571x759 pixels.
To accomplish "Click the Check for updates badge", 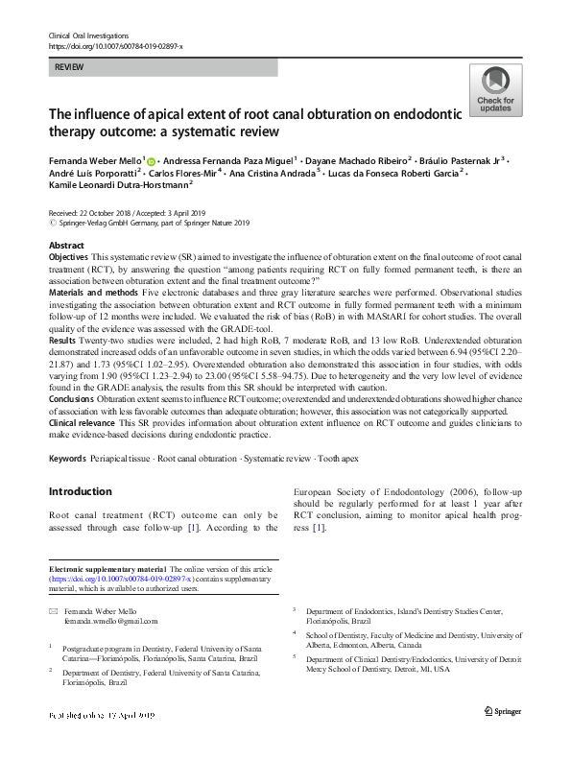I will pos(495,91).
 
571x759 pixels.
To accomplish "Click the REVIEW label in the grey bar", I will pos(68,67).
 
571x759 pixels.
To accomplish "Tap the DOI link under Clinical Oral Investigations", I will pos(115,46).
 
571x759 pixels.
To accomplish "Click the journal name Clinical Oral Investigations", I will pos(89,35).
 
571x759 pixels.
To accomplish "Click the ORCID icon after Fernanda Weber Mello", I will pos(150,160).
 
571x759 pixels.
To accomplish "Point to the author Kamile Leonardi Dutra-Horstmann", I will pos(118,187).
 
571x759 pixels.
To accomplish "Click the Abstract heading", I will pos(66,246).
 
